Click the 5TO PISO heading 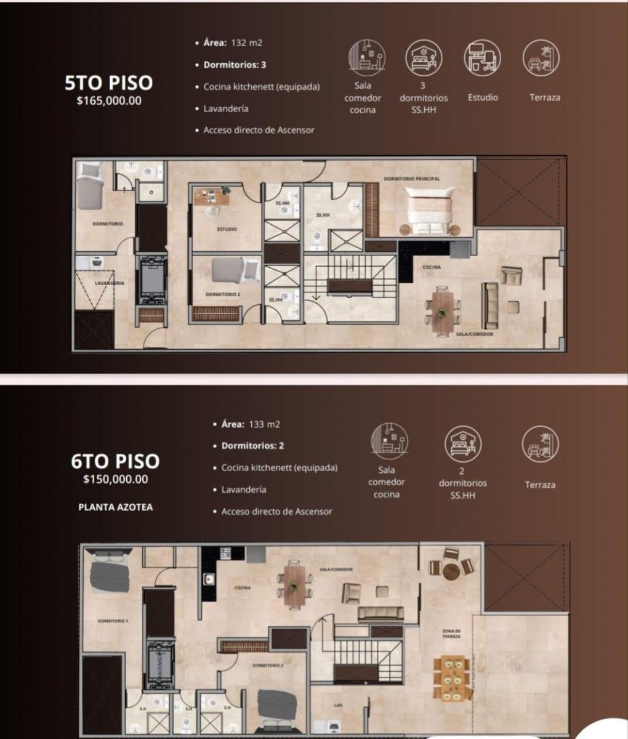point(109,83)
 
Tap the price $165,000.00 point(109,101)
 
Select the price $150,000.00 point(116,479)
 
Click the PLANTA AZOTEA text point(116,507)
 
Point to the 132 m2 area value point(246,43)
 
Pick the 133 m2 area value point(264,424)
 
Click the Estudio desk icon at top point(483,59)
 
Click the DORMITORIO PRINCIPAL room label point(412,179)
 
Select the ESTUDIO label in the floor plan point(227,229)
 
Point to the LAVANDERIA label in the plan point(110,283)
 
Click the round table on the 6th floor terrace point(451,570)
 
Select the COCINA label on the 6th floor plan point(242,588)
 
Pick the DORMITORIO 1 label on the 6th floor point(113,621)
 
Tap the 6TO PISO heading point(116,461)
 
